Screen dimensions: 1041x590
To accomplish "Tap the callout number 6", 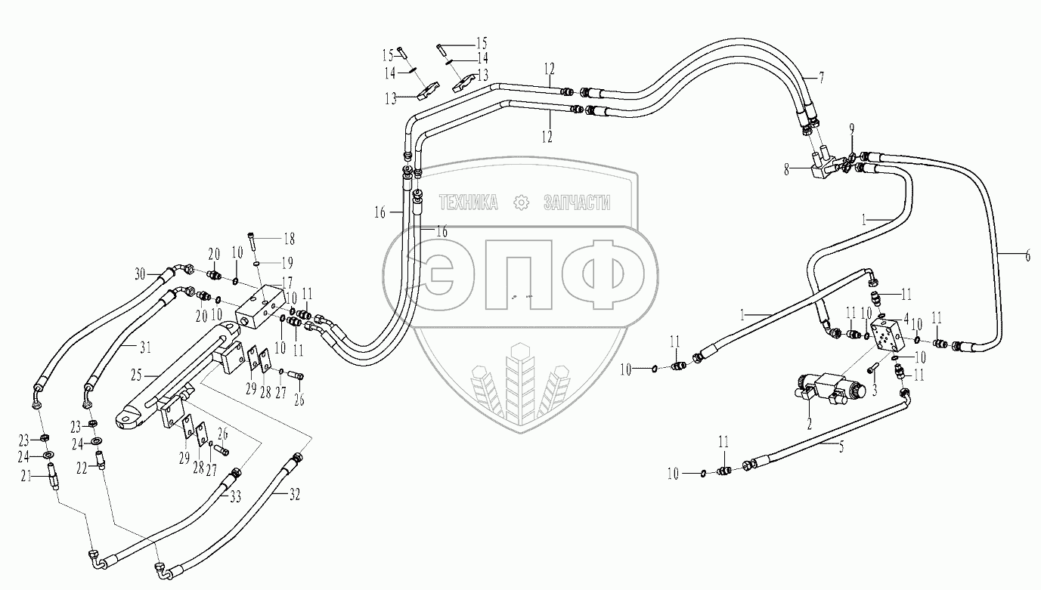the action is pyautogui.click(x=1027, y=255).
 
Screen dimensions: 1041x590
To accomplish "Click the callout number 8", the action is pyautogui.click(x=788, y=171).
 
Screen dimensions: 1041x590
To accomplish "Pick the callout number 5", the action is pyautogui.click(x=840, y=446).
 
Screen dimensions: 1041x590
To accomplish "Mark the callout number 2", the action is pyautogui.click(x=809, y=425).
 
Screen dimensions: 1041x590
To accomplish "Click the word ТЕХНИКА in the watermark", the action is pyautogui.click(x=469, y=202).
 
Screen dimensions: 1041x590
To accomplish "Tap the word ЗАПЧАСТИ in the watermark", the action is pyautogui.click(x=577, y=202).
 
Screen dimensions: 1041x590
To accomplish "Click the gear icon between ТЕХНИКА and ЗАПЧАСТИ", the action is pyautogui.click(x=520, y=202).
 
